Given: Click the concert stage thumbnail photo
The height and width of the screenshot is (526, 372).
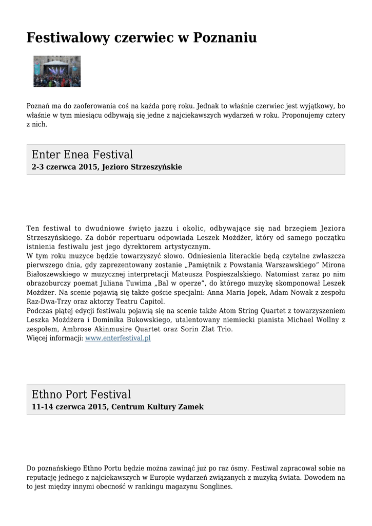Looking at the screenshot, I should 57,71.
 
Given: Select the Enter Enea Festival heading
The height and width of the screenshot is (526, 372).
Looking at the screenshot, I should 82,155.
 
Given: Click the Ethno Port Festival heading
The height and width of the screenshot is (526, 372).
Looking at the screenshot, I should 81,394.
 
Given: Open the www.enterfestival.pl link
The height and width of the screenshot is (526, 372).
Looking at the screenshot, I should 118,339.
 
